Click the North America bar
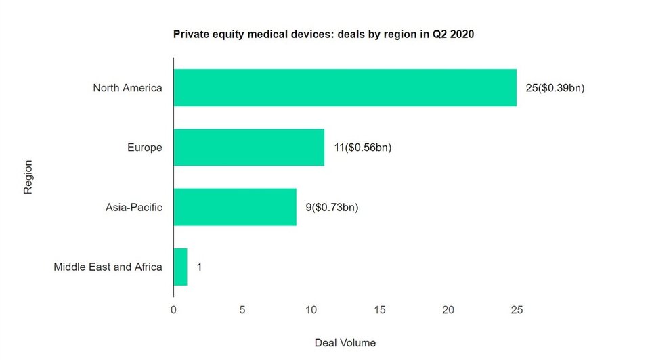click(345, 87)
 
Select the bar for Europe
click(248, 147)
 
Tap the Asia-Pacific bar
click(235, 207)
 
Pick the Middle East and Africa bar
click(180, 267)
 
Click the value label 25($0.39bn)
click(555, 87)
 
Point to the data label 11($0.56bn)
click(362, 147)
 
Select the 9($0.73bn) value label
click(332, 207)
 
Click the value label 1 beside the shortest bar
click(199, 267)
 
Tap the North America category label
click(127, 87)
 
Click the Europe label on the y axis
click(144, 147)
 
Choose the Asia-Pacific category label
click(134, 207)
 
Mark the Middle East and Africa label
click(108, 267)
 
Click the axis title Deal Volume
click(345, 342)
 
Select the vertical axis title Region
click(28, 177)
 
